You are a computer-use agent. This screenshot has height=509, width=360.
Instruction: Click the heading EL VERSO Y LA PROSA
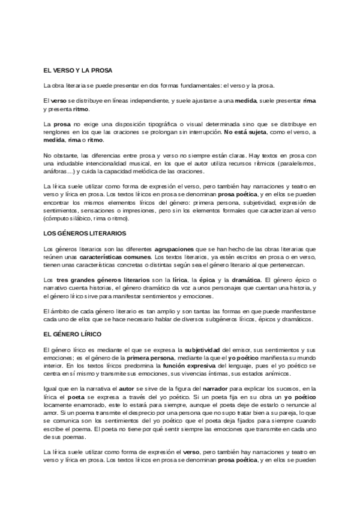tap(78, 71)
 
